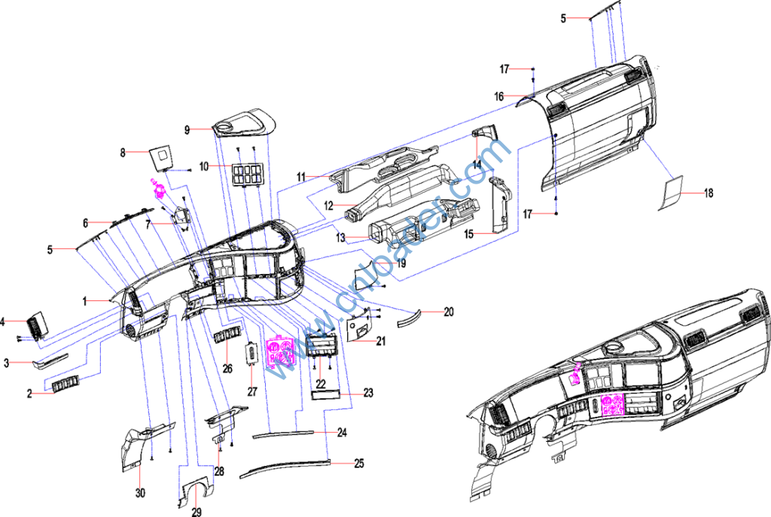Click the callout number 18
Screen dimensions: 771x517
708,193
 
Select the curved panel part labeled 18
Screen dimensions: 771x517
671,193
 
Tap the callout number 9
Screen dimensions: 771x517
187,129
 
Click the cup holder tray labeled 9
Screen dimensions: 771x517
245,123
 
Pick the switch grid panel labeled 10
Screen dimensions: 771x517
247,175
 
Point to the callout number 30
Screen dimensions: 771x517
140,492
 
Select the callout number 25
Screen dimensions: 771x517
359,464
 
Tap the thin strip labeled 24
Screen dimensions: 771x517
283,433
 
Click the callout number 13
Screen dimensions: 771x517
341,238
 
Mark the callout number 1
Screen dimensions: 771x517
84,301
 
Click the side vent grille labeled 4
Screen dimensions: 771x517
38,325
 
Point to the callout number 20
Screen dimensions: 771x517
449,312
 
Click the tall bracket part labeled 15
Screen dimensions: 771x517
501,205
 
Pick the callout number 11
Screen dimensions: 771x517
301,176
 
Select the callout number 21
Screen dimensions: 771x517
381,341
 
